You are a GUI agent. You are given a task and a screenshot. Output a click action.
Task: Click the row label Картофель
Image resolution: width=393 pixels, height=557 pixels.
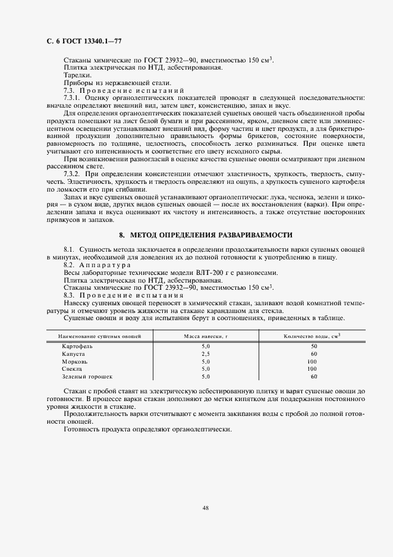[77, 346]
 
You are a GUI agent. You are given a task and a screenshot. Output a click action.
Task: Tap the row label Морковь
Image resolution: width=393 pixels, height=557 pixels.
[75, 361]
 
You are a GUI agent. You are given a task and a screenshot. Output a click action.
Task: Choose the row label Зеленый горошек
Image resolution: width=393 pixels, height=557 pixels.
[87, 377]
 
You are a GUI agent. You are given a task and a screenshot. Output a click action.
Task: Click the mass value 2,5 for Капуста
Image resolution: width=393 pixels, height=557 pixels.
[206, 353]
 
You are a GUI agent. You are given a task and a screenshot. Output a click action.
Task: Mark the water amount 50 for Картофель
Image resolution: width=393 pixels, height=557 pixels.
[314, 346]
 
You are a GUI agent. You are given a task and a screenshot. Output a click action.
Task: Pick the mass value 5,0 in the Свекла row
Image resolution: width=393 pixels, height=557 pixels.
[206, 369]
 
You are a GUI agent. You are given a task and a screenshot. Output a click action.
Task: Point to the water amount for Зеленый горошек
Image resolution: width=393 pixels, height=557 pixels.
[314, 377]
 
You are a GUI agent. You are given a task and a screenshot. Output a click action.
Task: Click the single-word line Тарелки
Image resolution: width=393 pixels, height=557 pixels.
[77, 75]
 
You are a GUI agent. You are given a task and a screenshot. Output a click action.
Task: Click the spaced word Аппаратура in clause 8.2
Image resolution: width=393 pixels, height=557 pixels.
[106, 265]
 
